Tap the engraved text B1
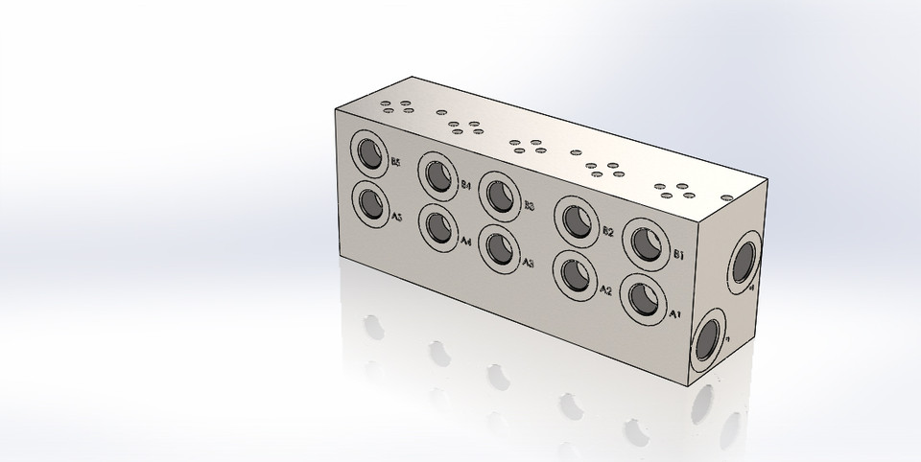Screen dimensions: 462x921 point(677,255)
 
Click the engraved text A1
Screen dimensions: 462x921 point(673,312)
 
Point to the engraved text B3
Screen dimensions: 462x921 point(529,205)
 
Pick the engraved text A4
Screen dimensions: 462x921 point(465,241)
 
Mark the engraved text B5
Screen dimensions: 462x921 point(393,163)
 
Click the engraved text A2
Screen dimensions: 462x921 point(605,289)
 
